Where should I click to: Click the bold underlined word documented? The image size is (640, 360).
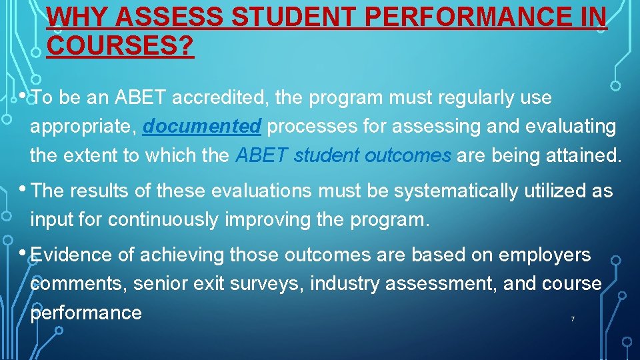point(202,126)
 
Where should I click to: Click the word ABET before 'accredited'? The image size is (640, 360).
point(141,97)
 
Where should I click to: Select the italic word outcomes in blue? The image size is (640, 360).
point(408,155)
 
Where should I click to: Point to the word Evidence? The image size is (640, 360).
point(71,255)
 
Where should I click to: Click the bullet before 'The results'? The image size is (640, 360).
point(23,189)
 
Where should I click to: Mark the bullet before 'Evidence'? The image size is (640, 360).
point(23,252)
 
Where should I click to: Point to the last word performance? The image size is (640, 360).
point(86,312)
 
